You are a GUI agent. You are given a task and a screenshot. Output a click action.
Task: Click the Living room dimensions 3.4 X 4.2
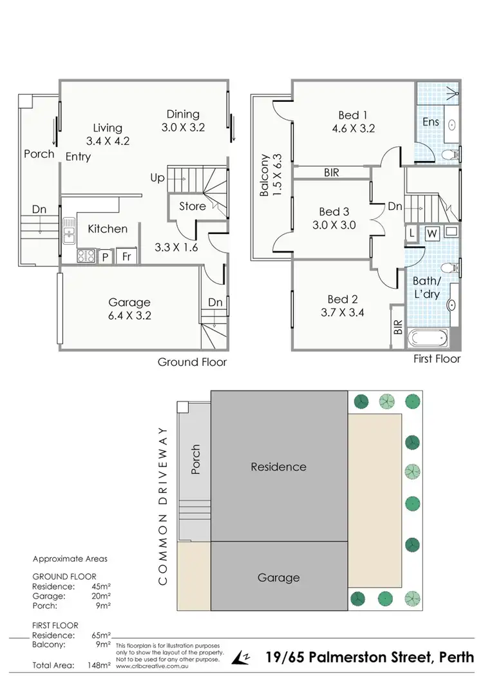pos(108,140)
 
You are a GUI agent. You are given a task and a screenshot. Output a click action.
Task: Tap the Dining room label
pos(183,114)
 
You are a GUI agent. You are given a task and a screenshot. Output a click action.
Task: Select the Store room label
pos(193,206)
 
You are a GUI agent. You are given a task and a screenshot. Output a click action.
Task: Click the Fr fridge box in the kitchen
pos(128,256)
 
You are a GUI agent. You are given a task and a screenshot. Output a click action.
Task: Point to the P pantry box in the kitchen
pos(105,256)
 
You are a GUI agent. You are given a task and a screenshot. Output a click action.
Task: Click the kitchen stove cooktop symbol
pos(86,256)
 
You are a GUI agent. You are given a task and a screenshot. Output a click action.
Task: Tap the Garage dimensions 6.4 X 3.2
pos(129,316)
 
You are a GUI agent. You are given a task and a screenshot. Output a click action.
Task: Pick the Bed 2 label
pos(343,299)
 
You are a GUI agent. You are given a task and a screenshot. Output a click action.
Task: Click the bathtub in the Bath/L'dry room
pos(428,337)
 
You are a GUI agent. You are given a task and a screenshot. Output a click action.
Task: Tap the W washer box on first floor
pos(431,233)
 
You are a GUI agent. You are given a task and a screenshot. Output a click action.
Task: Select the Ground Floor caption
pos(192,362)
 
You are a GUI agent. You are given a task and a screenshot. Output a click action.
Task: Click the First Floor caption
pos(437,359)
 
